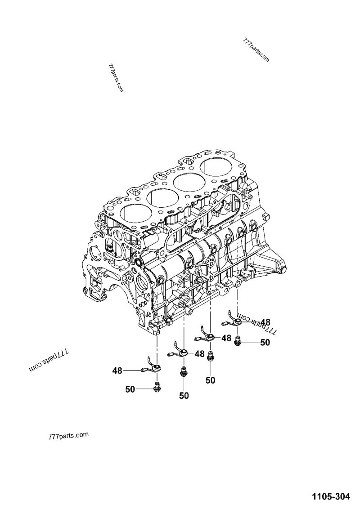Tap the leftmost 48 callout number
pos(117,371)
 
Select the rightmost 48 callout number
pos(265,322)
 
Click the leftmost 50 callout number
pos(130,389)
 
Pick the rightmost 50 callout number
pos(265,343)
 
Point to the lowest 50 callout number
pos(184,396)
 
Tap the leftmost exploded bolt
pos(157,386)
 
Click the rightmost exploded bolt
pos(238,342)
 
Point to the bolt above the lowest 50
pos(184,372)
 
